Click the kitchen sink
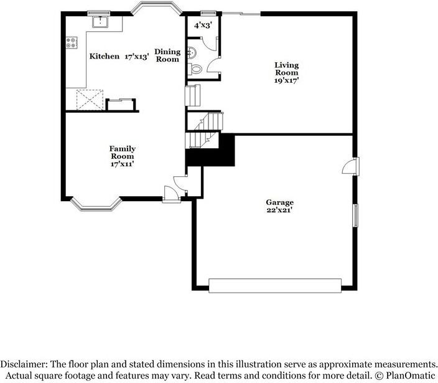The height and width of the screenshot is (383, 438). [99, 22]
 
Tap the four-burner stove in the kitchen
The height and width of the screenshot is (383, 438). [72, 42]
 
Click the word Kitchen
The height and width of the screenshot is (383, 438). [105, 56]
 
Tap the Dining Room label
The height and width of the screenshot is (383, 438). [167, 55]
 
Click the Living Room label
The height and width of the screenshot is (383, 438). [287, 69]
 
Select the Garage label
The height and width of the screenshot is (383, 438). [279, 202]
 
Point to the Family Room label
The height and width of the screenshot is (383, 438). [123, 152]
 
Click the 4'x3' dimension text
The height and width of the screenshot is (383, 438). [202, 26]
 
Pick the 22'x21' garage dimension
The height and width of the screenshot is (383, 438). [280, 210]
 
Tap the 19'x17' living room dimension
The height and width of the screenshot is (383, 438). [287, 80]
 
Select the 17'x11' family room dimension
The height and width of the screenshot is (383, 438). [123, 164]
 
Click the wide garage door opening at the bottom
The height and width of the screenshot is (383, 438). [275, 285]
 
